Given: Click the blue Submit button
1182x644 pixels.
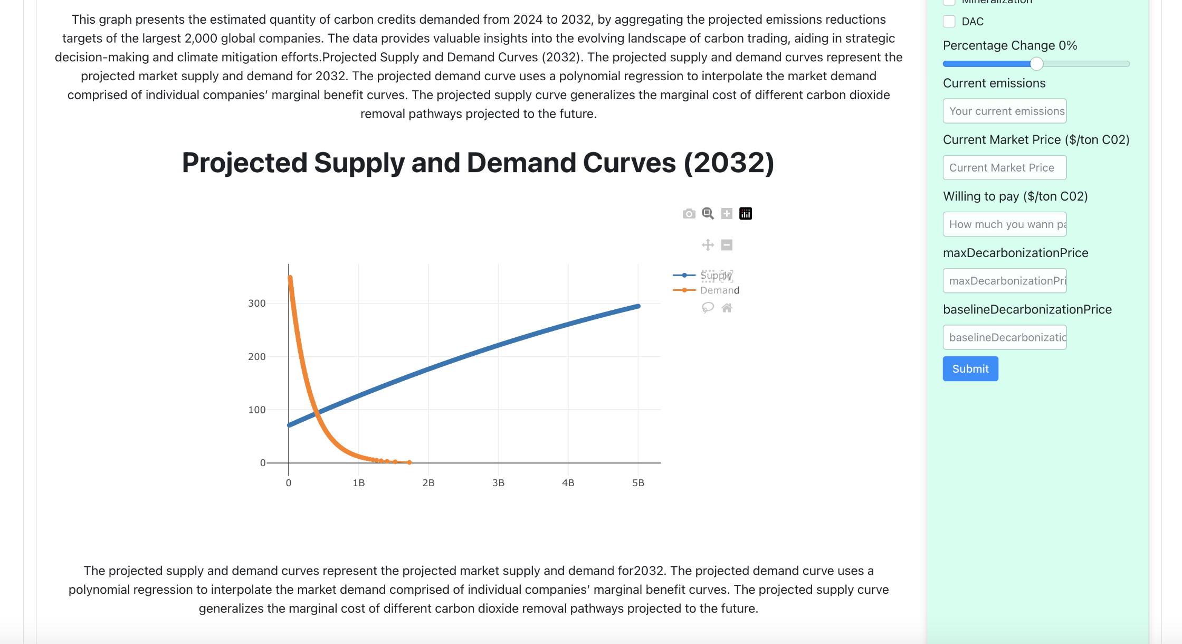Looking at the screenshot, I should tap(970, 368).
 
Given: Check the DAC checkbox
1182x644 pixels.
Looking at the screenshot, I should tap(949, 22).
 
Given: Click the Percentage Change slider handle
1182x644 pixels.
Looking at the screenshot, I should tap(1036, 64).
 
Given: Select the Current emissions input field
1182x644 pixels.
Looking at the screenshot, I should tap(1004, 111).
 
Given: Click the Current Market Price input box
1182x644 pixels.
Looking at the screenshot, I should tap(1004, 167).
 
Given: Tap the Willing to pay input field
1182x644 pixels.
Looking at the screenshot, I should tap(1004, 224).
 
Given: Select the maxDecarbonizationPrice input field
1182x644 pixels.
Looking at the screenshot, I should tap(1004, 280).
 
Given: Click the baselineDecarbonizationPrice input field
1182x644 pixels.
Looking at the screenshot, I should tap(1004, 337).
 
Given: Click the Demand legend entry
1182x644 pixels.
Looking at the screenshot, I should tap(719, 290).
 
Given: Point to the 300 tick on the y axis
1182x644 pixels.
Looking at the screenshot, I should tap(257, 303).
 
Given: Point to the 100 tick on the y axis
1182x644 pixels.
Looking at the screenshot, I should tap(257, 410).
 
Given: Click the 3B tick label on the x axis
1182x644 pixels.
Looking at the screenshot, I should tap(498, 483).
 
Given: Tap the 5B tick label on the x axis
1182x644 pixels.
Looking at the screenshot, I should tap(638, 483).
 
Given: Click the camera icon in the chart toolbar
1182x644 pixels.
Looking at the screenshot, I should tap(689, 214).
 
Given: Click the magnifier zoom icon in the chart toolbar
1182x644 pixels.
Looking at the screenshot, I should tap(708, 213).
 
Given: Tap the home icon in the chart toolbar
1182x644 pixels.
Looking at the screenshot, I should tap(727, 308).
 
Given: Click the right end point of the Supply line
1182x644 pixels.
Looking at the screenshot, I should tap(638, 306).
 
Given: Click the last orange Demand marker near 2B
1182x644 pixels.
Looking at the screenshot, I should tap(409, 462).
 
